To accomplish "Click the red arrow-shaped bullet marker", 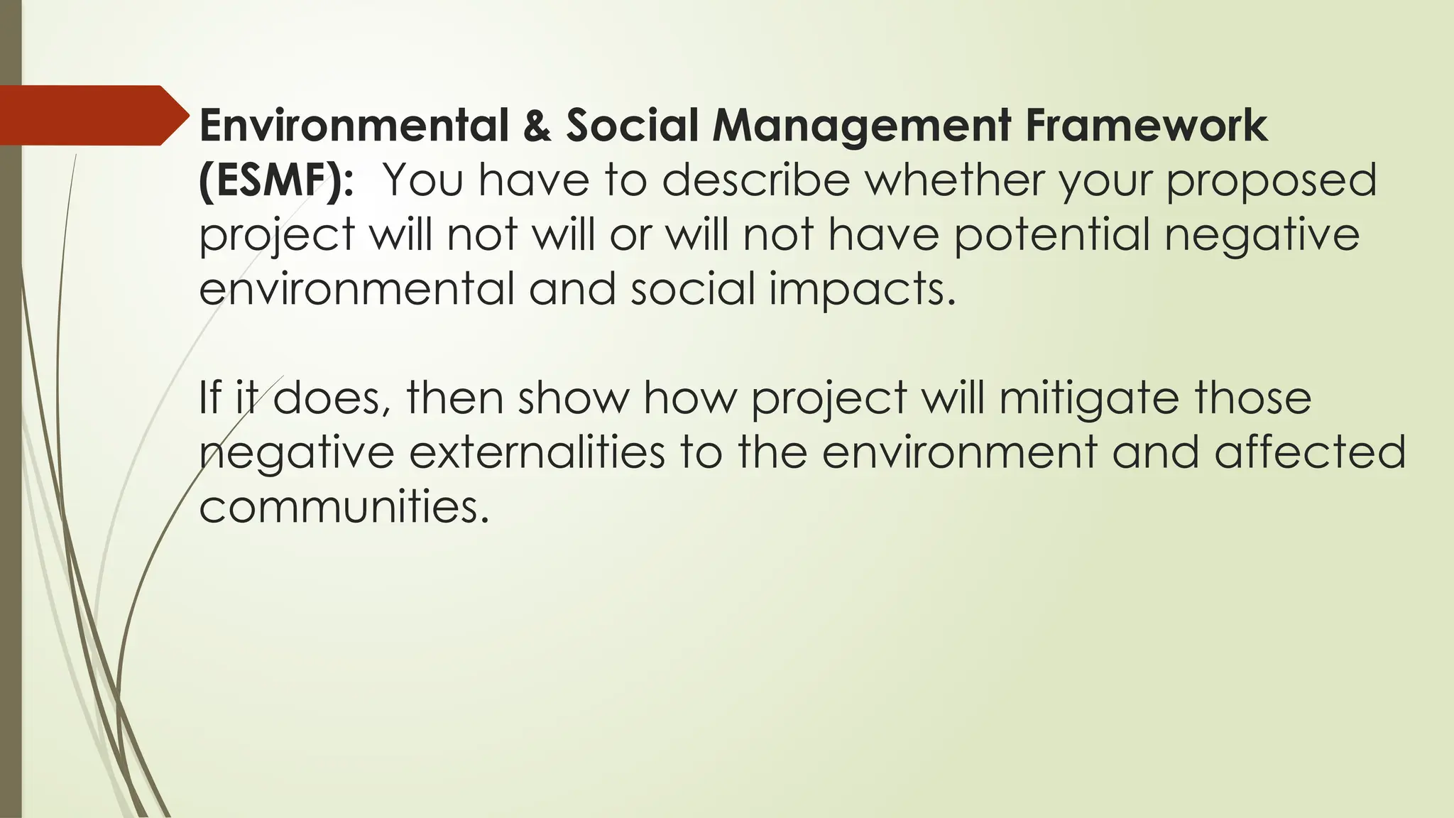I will (x=92, y=115).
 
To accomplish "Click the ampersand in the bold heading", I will (x=537, y=126).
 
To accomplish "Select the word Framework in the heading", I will (x=1146, y=126).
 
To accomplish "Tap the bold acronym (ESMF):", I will (x=275, y=180).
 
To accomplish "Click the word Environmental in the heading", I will (x=354, y=126).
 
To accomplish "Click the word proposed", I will (x=1271, y=182).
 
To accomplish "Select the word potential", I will (x=1051, y=236).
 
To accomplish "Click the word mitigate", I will (x=1089, y=399).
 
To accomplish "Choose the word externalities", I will (x=537, y=453).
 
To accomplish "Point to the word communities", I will (x=344, y=507).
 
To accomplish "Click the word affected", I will (x=1310, y=453).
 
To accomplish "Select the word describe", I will (x=755, y=180).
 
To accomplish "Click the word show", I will (x=573, y=398).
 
